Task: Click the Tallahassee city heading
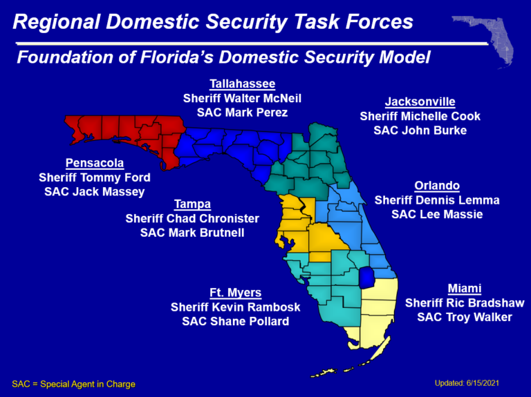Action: [242, 84]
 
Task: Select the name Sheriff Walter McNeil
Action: [242, 98]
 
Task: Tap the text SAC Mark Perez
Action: [242, 112]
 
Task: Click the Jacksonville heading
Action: [420, 102]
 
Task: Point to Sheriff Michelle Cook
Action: [420, 116]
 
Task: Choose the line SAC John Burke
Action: [420, 130]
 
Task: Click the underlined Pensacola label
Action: [95, 164]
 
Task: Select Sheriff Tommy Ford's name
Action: [95, 177]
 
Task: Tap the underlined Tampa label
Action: [192, 204]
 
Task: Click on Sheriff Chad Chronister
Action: [192, 218]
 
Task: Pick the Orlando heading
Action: [437, 186]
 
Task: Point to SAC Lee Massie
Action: [437, 214]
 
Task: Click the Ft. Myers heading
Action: [235, 293]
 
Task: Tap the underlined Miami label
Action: [465, 289]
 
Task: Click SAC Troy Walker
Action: [465, 317]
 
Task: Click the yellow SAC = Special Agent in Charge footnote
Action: [74, 384]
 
